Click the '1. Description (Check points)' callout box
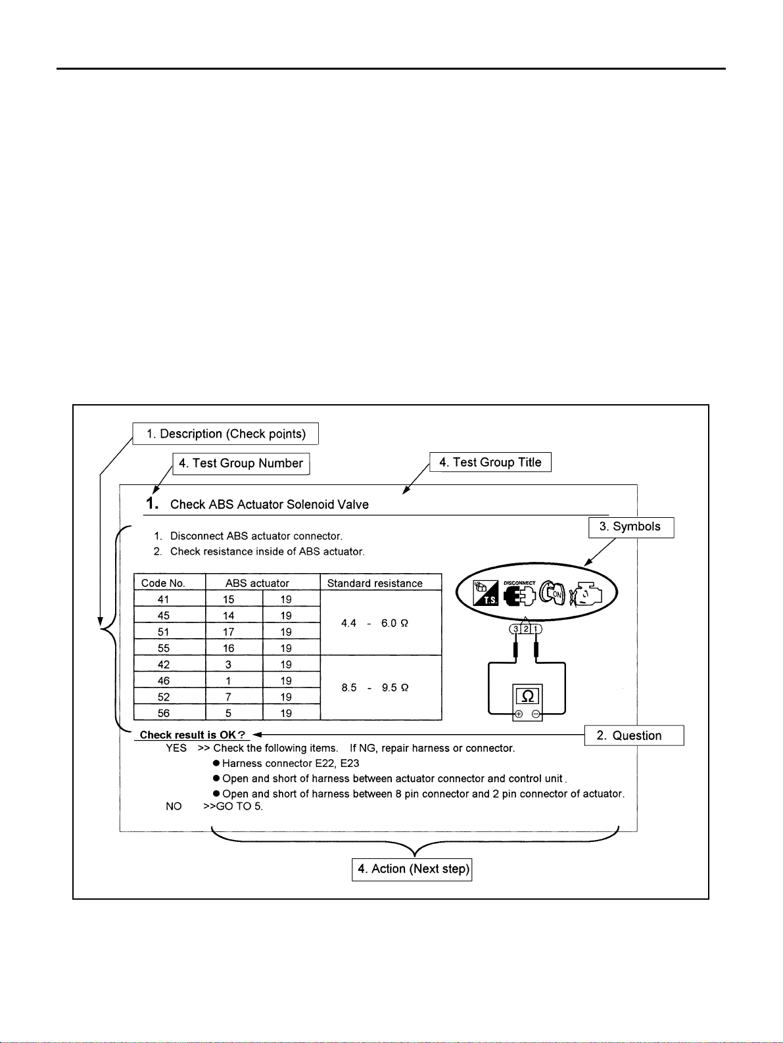coord(225,434)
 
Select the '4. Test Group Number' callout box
coord(241,463)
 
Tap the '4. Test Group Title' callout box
coord(490,462)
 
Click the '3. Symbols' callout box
coord(630,527)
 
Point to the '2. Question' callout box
coord(634,735)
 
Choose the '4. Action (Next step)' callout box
coord(412,869)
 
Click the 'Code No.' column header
coord(163,583)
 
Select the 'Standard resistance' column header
coord(375,583)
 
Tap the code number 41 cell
coord(163,599)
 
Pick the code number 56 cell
coord(163,713)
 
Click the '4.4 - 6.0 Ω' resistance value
coord(375,623)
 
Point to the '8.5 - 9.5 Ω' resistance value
coord(375,687)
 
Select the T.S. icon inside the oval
coord(486,593)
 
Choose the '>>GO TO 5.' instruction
coord(233,806)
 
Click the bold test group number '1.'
coord(152,503)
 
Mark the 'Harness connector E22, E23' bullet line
coord(290,763)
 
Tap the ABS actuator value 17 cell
coord(228,632)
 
